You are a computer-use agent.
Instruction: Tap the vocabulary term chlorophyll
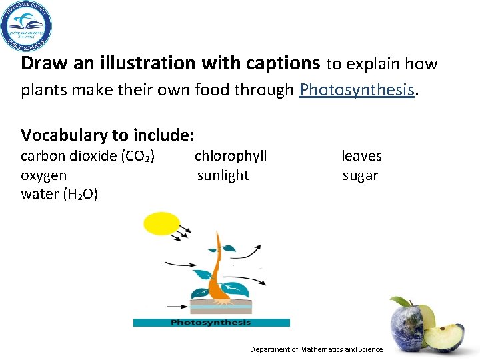[231, 156]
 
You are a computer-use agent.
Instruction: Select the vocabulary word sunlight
[223, 175]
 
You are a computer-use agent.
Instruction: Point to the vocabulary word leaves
[361, 156]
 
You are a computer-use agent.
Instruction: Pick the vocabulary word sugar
[360, 175]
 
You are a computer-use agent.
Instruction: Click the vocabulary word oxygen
[44, 175]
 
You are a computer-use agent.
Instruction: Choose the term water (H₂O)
[59, 195]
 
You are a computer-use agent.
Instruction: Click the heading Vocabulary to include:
[107, 135]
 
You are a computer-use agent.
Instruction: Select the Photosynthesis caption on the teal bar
[211, 323]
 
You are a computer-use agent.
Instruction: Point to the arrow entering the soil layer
[178, 307]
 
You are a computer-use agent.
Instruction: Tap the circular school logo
[26, 27]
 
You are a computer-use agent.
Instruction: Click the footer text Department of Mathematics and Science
[316, 349]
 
